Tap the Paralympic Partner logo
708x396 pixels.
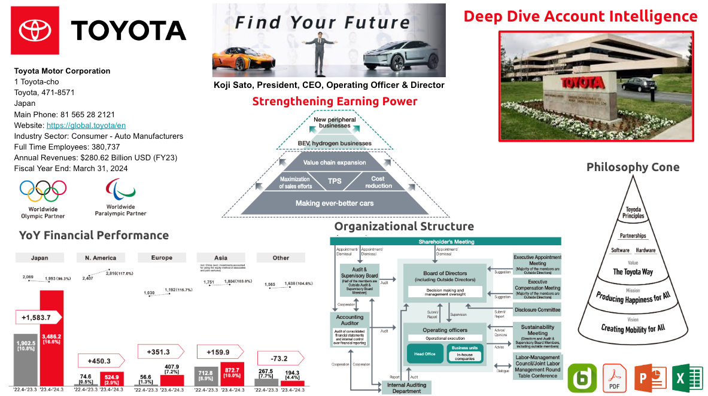[x=120, y=190]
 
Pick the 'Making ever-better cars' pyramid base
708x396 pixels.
[x=335, y=203]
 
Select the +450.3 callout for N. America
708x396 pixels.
[x=99, y=360]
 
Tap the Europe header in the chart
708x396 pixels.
[x=162, y=258]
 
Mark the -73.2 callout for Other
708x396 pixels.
[x=279, y=359]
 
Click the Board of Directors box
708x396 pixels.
[x=445, y=276]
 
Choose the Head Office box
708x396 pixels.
[x=425, y=354]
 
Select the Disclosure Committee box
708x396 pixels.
[x=537, y=310]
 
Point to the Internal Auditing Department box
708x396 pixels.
[x=407, y=388]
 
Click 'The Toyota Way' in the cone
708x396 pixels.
[x=632, y=272]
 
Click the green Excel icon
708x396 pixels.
[x=686, y=377]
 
